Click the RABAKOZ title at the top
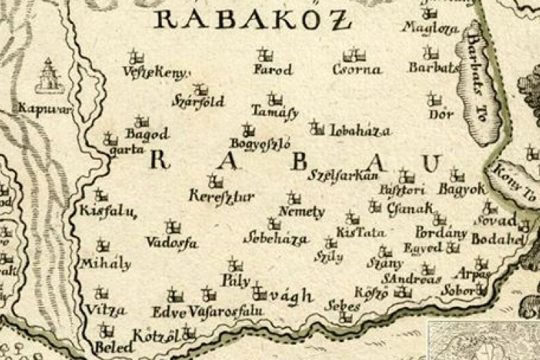coord(253,19)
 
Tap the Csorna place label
coord(356,70)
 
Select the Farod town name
coord(273,70)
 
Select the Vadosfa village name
coord(171,243)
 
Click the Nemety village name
coord(301,212)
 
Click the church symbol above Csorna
coord(352,55)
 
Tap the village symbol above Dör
coord(433,98)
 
